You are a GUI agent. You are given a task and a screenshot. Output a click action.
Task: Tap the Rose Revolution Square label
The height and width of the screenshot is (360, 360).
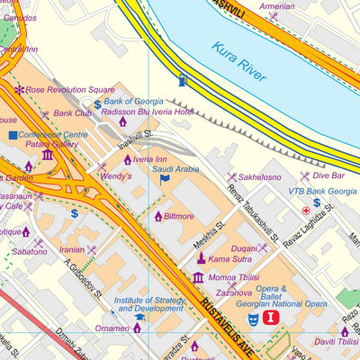click(x=69, y=90)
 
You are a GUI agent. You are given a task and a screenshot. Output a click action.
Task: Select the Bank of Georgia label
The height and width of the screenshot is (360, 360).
click(x=134, y=101)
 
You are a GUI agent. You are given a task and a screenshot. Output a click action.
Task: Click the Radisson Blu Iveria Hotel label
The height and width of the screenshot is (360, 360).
click(x=160, y=112)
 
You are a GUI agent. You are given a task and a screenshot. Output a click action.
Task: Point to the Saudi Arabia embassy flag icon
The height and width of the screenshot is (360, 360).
click(x=164, y=179)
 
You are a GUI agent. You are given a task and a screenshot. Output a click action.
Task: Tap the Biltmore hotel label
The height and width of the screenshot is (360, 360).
click(x=178, y=216)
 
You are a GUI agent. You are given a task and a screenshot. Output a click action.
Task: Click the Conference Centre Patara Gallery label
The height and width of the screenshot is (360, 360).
click(x=54, y=139)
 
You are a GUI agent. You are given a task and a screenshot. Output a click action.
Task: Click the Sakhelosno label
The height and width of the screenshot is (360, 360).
click(x=259, y=177)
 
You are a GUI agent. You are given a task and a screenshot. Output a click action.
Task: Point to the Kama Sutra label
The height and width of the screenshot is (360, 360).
click(x=229, y=259)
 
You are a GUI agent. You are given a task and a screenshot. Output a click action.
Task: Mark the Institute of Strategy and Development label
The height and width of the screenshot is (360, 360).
click(x=148, y=303)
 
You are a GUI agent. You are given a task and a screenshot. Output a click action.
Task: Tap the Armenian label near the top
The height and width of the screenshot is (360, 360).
click(x=276, y=5)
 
